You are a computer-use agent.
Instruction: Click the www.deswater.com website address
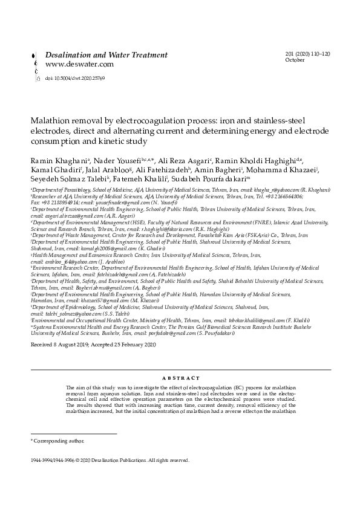(79, 64)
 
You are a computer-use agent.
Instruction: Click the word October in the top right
(295, 61)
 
